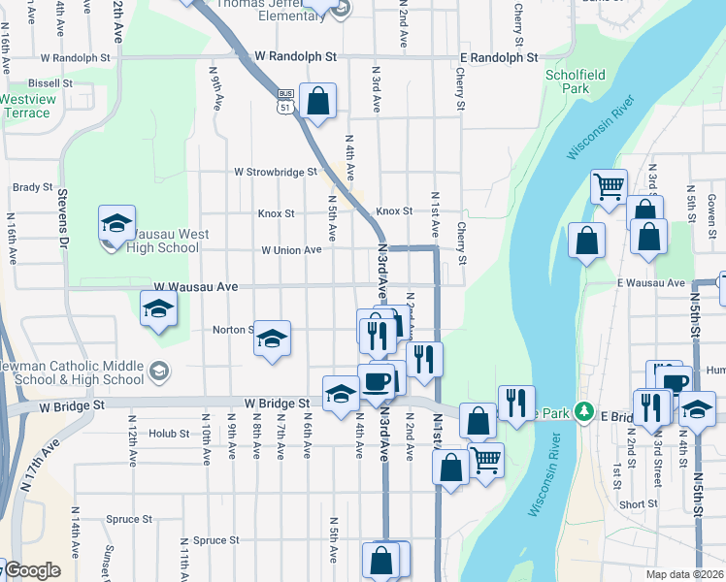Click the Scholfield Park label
[x=568, y=81]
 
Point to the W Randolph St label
[x=291, y=57]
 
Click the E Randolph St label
[x=499, y=58]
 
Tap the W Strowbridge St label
[x=276, y=172]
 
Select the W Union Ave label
[x=291, y=249]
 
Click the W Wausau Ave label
[x=197, y=287]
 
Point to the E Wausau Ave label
[x=649, y=282]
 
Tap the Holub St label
[x=170, y=434]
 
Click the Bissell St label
[x=51, y=83]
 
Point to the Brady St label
[x=31, y=188]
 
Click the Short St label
[x=638, y=504]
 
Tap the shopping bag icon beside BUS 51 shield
[x=317, y=101]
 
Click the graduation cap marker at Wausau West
[x=116, y=225]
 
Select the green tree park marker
[x=582, y=411]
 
